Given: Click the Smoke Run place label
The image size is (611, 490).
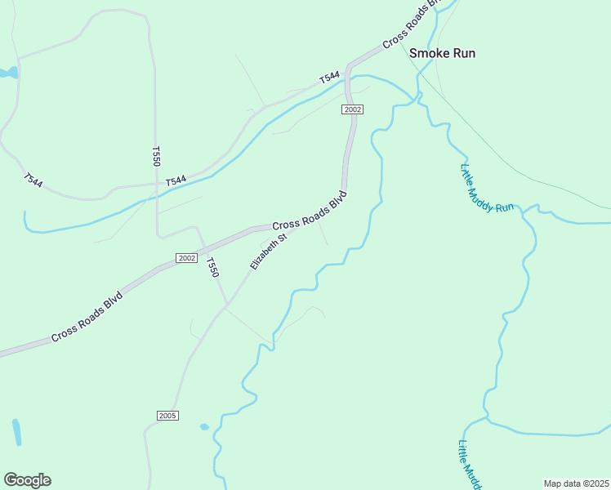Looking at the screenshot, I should coord(442,54).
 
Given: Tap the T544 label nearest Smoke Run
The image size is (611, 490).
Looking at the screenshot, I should coord(329,78).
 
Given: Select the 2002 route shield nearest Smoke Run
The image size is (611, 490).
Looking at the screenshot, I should coord(352,109).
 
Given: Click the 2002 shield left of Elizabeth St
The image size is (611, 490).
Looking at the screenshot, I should coord(186,258).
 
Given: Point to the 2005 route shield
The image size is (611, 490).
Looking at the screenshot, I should coord(167,416).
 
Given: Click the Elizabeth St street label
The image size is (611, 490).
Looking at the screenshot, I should coord(270,252).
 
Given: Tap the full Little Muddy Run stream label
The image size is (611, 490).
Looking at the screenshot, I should coord(487,189).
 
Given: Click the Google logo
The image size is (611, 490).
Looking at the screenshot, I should coord(27,480).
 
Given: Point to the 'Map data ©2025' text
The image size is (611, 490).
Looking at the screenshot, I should coord(576,483).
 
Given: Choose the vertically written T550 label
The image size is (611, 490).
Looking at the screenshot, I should coord(156,156).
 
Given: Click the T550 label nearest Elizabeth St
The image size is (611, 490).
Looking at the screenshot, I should coord(212,267).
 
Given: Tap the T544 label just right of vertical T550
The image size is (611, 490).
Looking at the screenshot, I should coord(176,180).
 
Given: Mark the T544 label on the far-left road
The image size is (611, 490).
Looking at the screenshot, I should coord(33,180).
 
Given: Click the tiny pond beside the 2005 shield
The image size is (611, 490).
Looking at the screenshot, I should coord(204,426).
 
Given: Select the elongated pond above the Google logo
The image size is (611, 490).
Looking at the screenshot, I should coord(17,432).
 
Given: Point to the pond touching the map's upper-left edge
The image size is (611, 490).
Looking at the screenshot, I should coord(8,73).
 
